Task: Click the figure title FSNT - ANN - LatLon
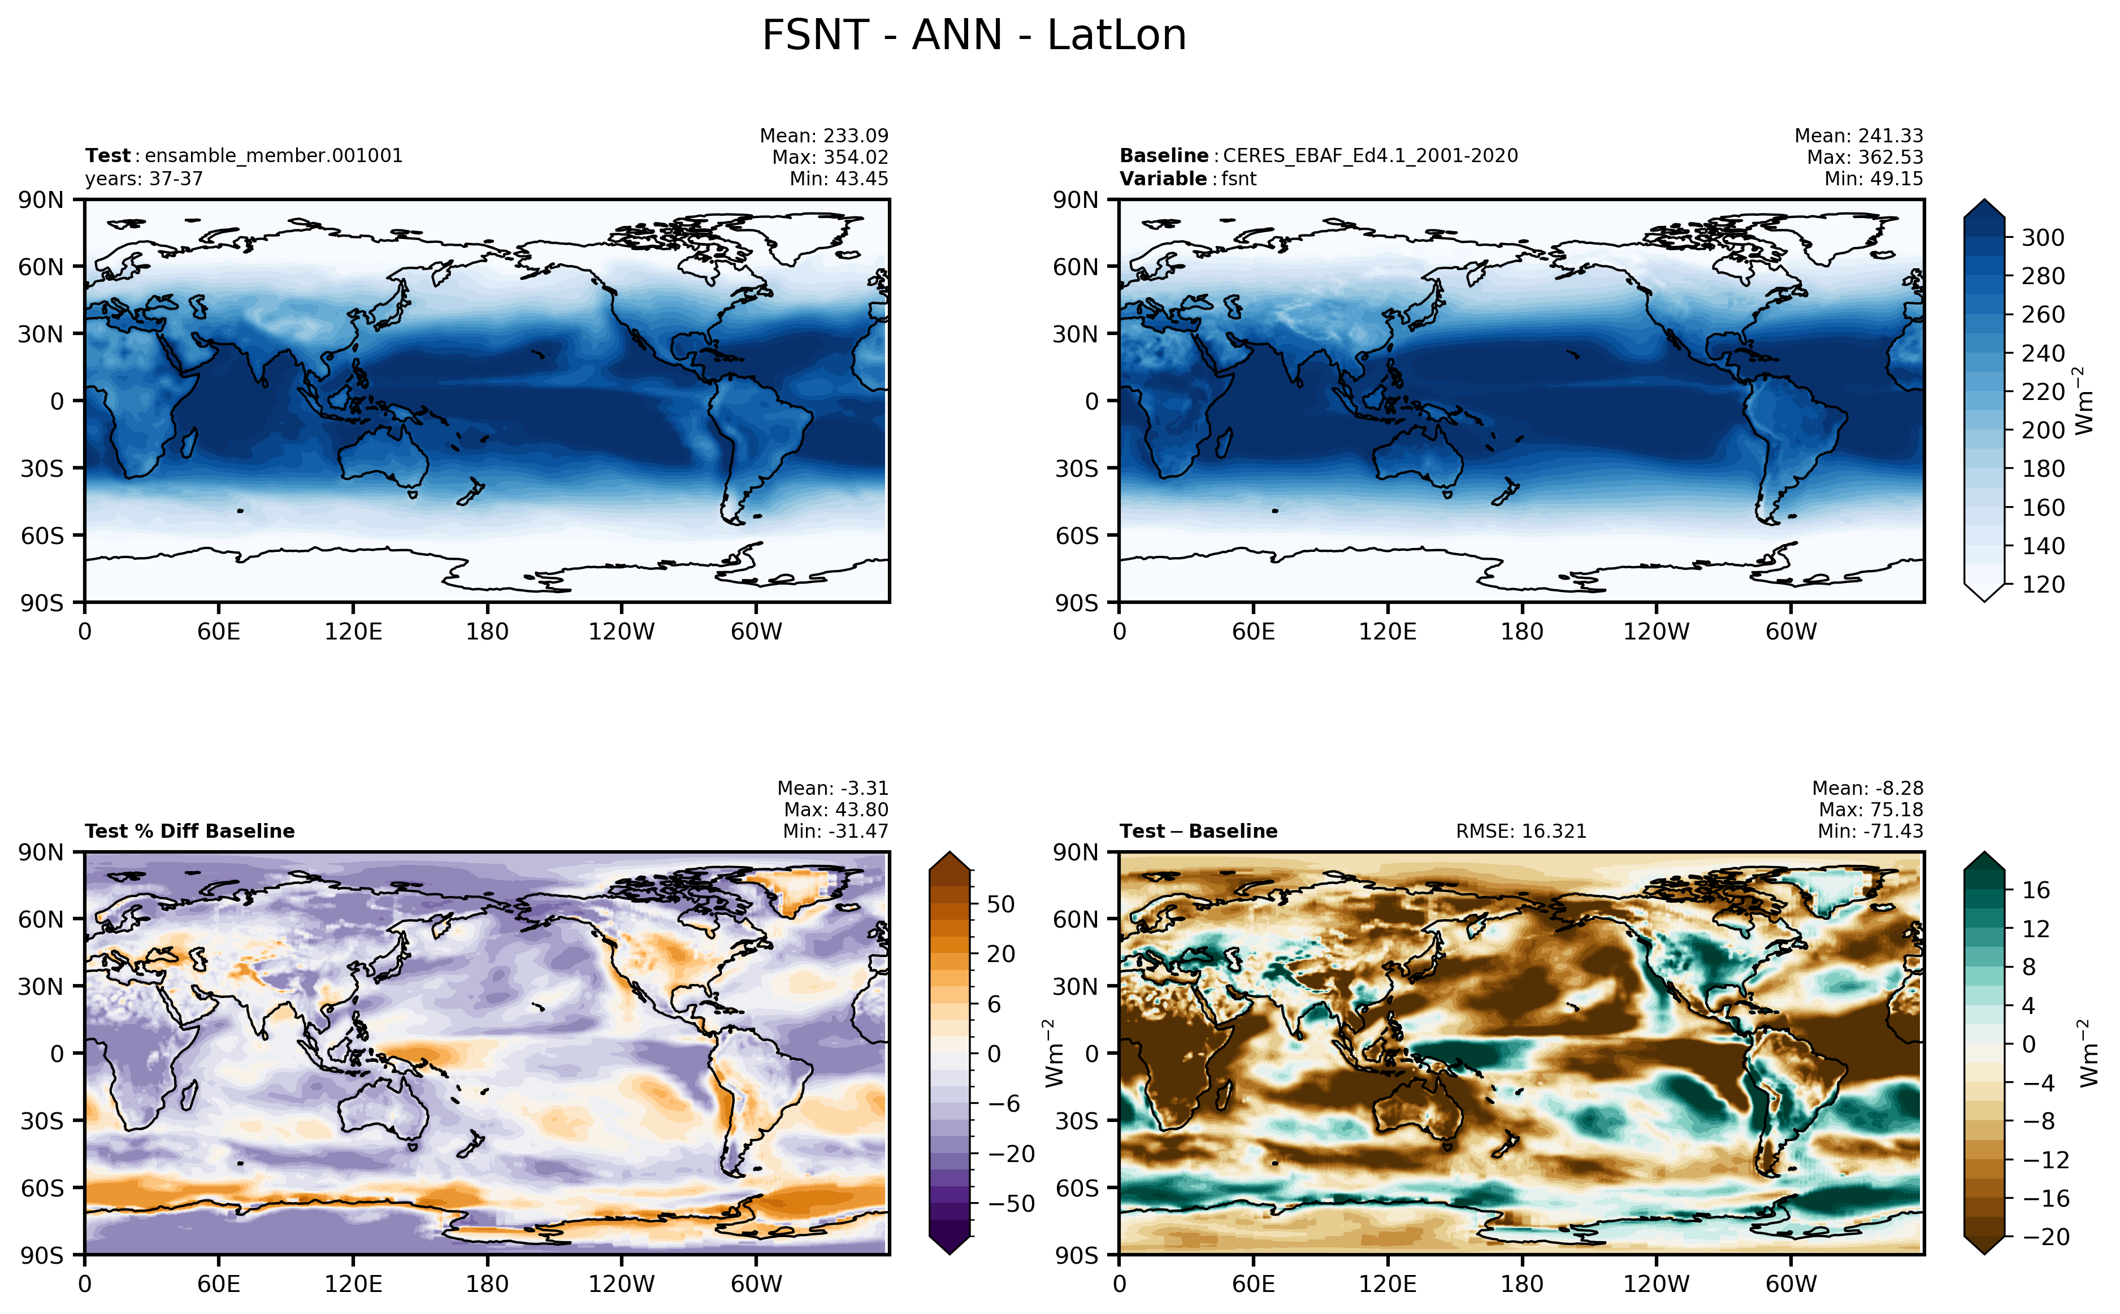973,36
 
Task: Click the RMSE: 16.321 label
1521,831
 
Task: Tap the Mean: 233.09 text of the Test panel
824,136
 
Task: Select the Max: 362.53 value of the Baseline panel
1865,157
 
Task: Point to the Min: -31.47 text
835,831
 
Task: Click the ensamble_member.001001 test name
274,155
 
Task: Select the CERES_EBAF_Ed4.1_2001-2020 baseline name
1370,155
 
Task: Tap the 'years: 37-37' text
144,179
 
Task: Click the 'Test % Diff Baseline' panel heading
189,831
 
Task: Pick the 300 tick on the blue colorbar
2043,237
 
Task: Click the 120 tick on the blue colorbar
2043,584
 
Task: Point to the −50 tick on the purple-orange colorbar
1012,1204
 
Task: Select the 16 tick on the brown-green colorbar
2036,890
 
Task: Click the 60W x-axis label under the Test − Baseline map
1790,1283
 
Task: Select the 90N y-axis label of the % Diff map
41,852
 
